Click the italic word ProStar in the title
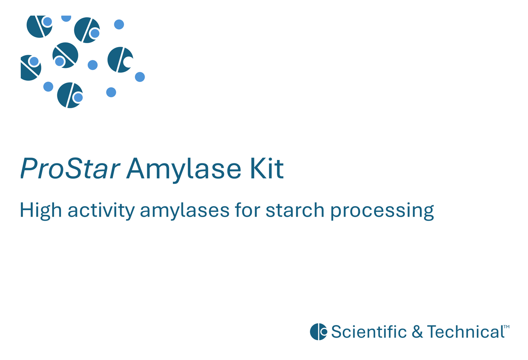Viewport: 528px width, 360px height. (x=70, y=169)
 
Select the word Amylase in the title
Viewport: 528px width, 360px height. (x=183, y=169)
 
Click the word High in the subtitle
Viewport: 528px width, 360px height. (x=40, y=211)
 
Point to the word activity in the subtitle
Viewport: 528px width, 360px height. (x=101, y=211)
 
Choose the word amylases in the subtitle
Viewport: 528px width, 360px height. (x=185, y=211)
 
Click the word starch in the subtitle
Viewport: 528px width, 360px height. (x=295, y=211)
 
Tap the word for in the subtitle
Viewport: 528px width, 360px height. (x=247, y=211)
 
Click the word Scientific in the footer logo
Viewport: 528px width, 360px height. (x=369, y=332)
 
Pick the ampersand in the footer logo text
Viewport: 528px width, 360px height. (x=417, y=332)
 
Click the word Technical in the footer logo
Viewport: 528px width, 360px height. (x=466, y=332)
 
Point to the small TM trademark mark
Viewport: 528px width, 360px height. (x=506, y=326)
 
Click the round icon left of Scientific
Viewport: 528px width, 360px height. (x=318, y=332)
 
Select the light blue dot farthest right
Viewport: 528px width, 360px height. (x=140, y=77)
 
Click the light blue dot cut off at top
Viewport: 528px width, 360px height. (x=66, y=18)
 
